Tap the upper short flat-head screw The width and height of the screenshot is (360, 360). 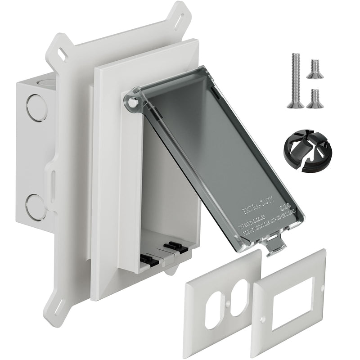pyautogui.click(x=315, y=68)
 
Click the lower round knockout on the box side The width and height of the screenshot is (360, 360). pyautogui.click(x=36, y=207)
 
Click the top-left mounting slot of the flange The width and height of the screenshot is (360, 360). pyautogui.click(x=59, y=51)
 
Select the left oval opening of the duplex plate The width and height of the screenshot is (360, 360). pyautogui.click(x=213, y=310)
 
